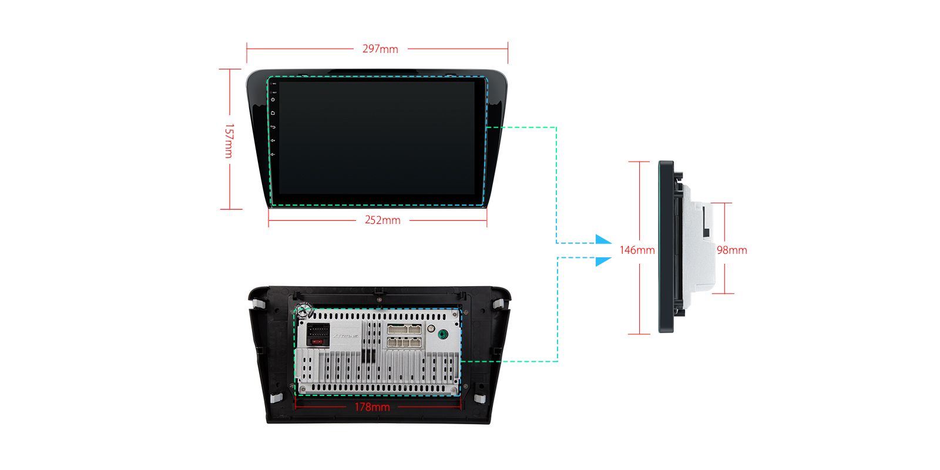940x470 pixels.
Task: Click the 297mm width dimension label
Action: [380, 49]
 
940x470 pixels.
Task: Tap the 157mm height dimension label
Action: [229, 140]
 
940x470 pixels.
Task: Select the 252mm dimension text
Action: [382, 220]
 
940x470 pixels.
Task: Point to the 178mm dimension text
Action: [372, 407]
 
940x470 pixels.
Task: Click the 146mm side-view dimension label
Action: [637, 250]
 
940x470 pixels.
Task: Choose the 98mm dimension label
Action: [731, 250]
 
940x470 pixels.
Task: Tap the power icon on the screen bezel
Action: [273, 99]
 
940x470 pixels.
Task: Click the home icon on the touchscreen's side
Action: [273, 113]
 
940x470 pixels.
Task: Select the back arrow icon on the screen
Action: [273, 127]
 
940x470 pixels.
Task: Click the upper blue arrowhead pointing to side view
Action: [603, 240]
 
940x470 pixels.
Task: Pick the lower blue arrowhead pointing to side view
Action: [603, 260]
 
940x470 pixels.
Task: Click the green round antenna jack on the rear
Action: [443, 335]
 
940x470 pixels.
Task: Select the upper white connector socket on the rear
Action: [404, 329]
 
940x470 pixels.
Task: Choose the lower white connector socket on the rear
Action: [404, 342]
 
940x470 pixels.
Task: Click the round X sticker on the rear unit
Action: [303, 311]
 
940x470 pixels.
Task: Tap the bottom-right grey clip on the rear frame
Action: [479, 398]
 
